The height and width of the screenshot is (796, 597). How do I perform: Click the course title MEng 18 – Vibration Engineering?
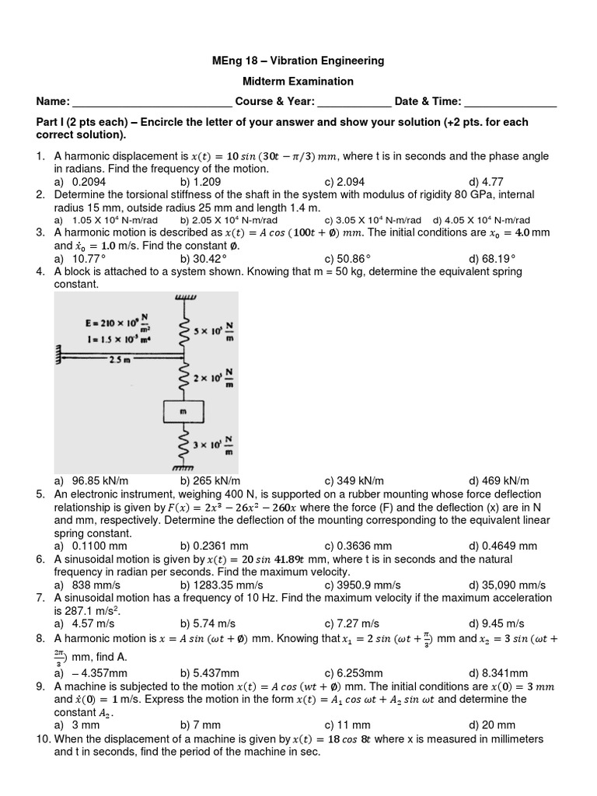click(x=298, y=61)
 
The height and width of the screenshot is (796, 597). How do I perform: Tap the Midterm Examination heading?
click(x=298, y=81)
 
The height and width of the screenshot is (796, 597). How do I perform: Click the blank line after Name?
click(x=152, y=103)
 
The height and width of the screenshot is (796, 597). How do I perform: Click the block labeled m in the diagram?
click(x=183, y=410)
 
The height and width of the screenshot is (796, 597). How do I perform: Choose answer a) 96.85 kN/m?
click(x=90, y=481)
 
